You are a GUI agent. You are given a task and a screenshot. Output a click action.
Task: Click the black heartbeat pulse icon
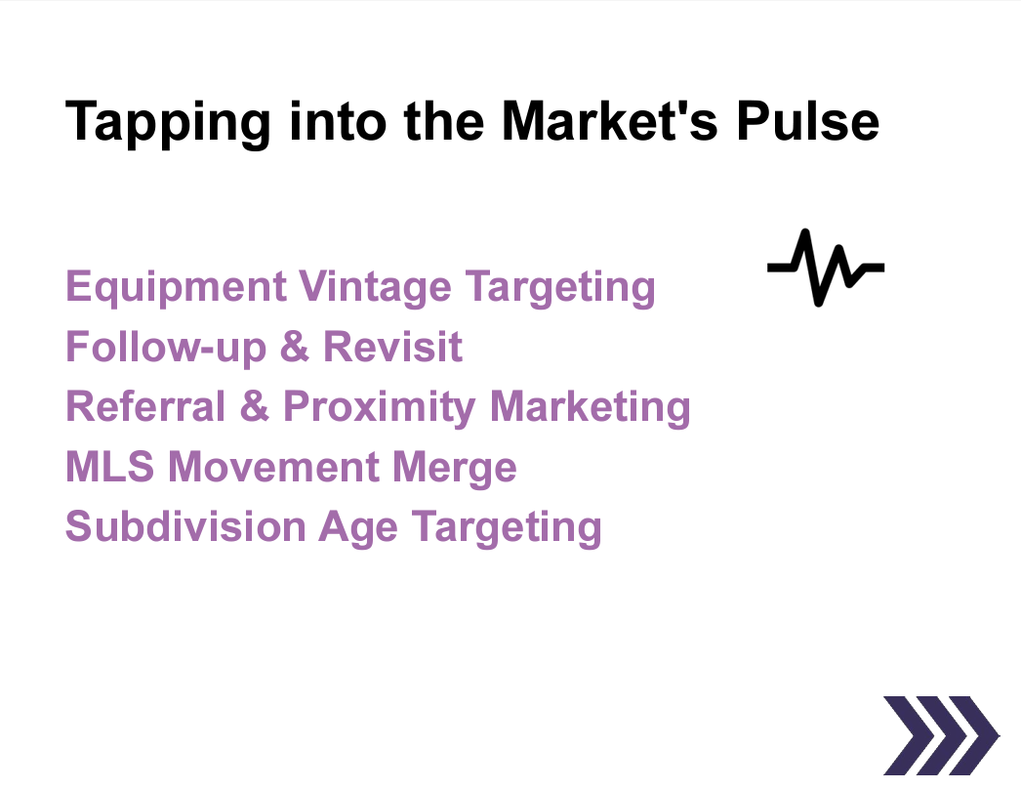[826, 267]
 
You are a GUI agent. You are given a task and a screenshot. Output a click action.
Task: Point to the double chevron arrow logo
[939, 734]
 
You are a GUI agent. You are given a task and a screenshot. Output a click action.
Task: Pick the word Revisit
[392, 347]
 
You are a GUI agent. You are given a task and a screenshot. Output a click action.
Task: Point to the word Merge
[454, 469]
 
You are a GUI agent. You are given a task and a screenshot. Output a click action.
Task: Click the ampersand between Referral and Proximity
[254, 406]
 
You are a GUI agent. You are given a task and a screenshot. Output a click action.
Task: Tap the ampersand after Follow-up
[294, 348]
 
